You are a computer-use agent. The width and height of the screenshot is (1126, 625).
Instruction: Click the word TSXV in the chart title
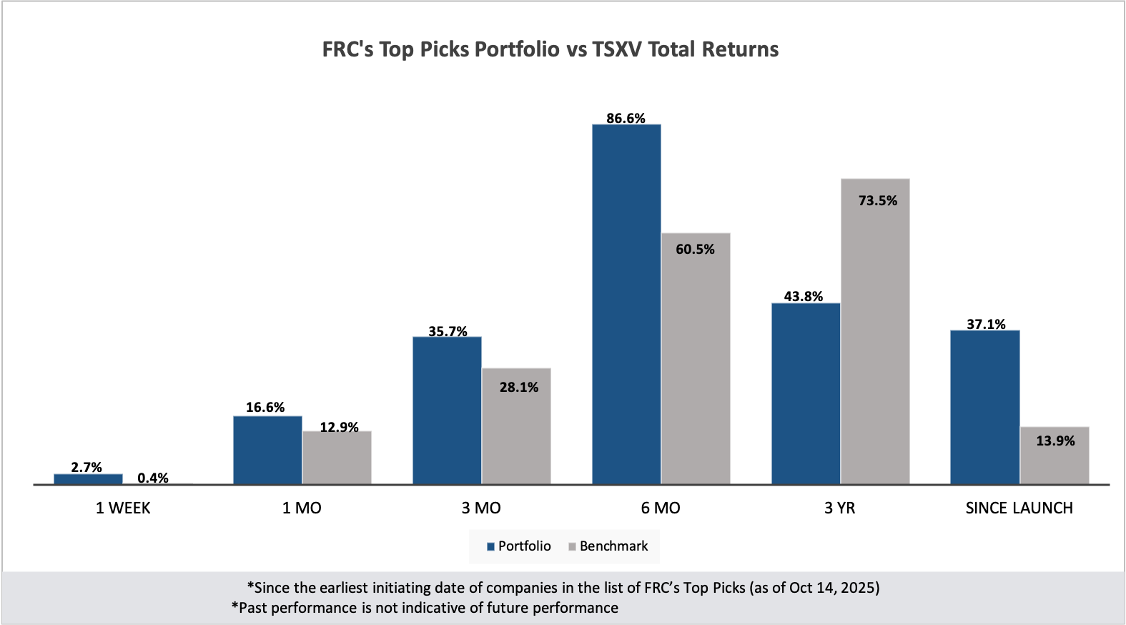[616, 49]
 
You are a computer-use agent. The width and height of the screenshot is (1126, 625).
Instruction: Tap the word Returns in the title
[740, 49]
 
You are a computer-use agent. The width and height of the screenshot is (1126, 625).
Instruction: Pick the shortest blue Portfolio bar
[88, 478]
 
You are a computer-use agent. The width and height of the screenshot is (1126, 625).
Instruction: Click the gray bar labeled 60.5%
[696, 358]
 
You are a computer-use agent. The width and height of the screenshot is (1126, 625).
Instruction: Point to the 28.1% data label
[519, 388]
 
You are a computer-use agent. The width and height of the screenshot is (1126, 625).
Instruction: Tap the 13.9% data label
[1055, 441]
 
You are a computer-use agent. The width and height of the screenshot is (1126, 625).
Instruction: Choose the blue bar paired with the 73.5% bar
[806, 393]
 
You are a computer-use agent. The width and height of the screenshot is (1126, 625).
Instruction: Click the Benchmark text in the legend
[613, 546]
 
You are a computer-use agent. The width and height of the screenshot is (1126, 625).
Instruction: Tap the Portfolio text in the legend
[524, 546]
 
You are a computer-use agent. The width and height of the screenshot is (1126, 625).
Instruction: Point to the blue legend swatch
[491, 547]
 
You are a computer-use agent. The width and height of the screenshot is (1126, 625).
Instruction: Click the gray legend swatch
[572, 547]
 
